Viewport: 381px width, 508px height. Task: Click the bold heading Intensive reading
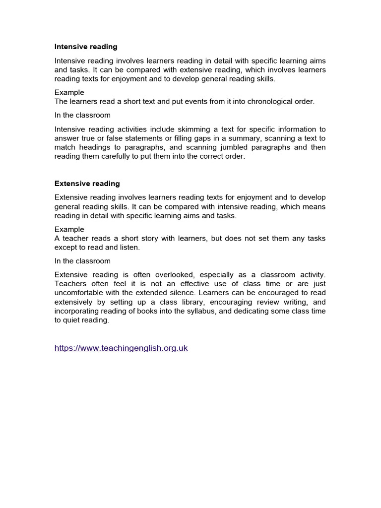click(86, 47)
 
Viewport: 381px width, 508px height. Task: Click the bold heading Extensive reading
click(87, 184)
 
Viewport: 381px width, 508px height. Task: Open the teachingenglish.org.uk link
click(121, 348)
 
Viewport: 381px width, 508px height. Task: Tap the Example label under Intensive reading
click(69, 92)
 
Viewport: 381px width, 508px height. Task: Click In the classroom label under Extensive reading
click(82, 261)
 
